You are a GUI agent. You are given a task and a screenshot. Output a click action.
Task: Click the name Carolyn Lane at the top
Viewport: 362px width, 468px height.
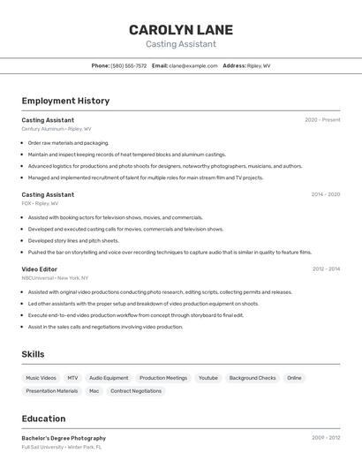pyautogui.click(x=180, y=29)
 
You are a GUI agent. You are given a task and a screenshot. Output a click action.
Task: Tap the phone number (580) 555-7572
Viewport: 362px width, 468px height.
pyautogui.click(x=129, y=65)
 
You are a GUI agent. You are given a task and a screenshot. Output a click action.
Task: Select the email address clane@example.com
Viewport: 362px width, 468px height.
pyautogui.click(x=193, y=65)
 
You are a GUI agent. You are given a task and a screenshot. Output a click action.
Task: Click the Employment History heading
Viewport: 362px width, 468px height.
pyautogui.click(x=65, y=101)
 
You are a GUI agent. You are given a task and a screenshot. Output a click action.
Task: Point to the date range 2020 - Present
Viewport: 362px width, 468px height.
pyautogui.click(x=322, y=119)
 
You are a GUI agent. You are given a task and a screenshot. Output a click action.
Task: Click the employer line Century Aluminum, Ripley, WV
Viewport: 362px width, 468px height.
pyautogui.click(x=57, y=128)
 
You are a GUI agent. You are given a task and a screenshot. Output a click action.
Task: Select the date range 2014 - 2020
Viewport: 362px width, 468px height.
pyautogui.click(x=325, y=194)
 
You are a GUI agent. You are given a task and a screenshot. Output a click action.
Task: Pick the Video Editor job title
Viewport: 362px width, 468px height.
pyautogui.click(x=40, y=268)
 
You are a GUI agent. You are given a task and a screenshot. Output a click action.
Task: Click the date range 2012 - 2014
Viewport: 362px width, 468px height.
pyautogui.click(x=325, y=268)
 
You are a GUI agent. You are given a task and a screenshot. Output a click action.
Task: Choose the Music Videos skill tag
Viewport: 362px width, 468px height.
pyautogui.click(x=41, y=378)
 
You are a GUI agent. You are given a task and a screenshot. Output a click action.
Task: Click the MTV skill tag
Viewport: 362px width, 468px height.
pyautogui.click(x=72, y=378)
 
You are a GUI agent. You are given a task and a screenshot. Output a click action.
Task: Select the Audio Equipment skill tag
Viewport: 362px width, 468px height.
pyautogui.click(x=109, y=378)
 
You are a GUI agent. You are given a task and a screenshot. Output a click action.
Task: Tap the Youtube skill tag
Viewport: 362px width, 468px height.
pyautogui.click(x=207, y=378)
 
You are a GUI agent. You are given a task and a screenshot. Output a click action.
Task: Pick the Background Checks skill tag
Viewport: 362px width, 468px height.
pyautogui.click(x=253, y=378)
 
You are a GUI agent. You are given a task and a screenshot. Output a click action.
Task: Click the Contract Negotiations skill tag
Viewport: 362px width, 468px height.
pyautogui.click(x=136, y=391)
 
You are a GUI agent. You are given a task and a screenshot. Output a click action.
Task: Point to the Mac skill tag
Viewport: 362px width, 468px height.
pyautogui.click(x=94, y=391)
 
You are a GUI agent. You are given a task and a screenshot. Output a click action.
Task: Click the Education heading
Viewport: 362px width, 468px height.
pyautogui.click(x=44, y=419)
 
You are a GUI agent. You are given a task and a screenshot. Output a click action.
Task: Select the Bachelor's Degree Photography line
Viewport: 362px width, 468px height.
pyautogui.click(x=64, y=438)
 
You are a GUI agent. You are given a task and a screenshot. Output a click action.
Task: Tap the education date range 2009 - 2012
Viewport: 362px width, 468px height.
pyautogui.click(x=325, y=438)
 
